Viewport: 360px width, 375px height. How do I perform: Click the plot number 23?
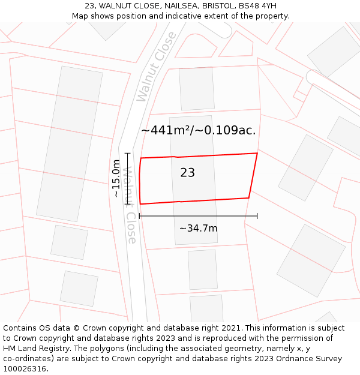(x=187, y=173)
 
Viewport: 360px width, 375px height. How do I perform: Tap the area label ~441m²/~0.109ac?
(x=198, y=130)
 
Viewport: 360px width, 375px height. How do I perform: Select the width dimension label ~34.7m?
(x=198, y=228)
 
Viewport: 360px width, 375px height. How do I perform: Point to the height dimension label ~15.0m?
(x=116, y=178)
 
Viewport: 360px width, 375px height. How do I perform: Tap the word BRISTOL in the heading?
(x=209, y=5)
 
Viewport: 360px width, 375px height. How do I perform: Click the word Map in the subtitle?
(x=80, y=16)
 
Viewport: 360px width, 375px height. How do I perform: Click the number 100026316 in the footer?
(x=25, y=369)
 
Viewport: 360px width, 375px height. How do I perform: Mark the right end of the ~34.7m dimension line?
(x=257, y=216)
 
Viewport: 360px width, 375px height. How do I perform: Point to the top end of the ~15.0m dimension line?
(x=127, y=154)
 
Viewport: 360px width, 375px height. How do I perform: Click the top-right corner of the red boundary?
(x=257, y=153)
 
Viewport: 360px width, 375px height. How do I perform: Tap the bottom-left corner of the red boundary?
(x=140, y=204)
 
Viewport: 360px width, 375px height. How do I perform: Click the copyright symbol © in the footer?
(x=76, y=328)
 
